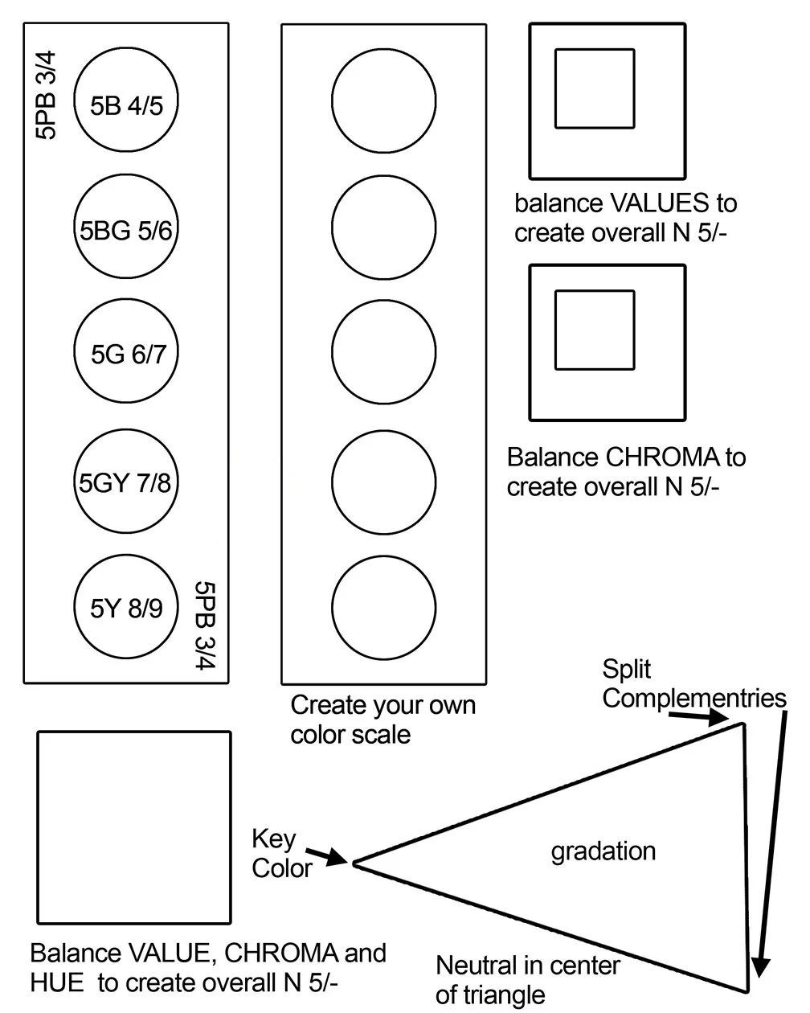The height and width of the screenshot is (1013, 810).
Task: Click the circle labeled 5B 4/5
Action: (x=126, y=101)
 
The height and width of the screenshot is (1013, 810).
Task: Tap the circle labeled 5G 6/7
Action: (x=126, y=354)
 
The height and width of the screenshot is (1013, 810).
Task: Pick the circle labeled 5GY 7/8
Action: (x=126, y=482)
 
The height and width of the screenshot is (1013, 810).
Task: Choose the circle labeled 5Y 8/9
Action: (x=126, y=608)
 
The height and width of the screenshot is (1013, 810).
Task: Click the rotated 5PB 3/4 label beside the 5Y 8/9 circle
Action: (x=206, y=625)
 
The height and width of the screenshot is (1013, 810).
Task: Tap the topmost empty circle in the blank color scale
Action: (x=384, y=101)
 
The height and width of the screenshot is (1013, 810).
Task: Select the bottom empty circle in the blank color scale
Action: (x=384, y=608)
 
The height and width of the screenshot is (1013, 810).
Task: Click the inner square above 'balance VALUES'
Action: (x=595, y=88)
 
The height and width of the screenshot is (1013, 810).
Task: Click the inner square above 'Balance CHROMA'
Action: (x=595, y=330)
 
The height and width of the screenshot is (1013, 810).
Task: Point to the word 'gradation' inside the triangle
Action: (x=603, y=851)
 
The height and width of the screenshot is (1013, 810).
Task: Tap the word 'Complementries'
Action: (x=694, y=698)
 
